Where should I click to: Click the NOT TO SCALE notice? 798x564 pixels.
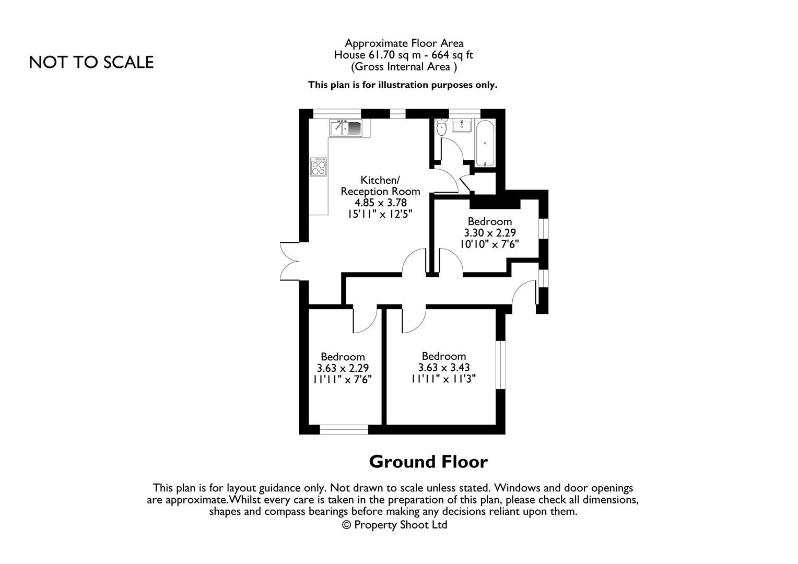(91, 62)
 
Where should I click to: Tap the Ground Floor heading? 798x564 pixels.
(428, 462)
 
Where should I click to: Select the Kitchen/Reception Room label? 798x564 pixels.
(380, 185)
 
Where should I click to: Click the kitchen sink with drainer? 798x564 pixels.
(346, 127)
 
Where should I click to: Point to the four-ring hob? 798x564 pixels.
(319, 168)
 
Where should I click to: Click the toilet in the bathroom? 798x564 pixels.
(442, 127)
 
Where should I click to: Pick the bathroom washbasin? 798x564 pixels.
(462, 126)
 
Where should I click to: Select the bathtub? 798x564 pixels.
(485, 143)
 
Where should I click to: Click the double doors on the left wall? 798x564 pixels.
(289, 261)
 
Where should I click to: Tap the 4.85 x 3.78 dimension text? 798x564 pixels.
(380, 203)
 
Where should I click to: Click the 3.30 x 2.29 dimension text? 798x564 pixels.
(490, 233)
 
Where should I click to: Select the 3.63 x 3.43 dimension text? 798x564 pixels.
(444, 368)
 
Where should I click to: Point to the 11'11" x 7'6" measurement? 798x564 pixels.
(342, 380)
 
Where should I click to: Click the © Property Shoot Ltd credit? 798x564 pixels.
(395, 525)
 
